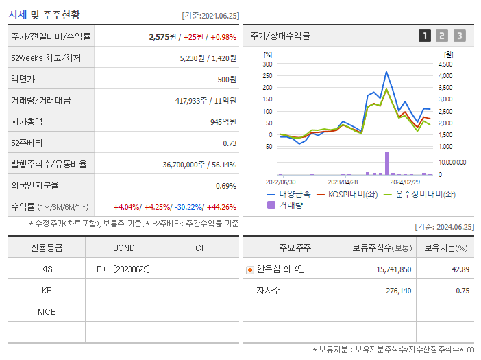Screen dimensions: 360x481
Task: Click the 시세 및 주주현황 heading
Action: (x=45, y=14)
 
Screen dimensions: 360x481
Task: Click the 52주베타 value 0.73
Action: (x=230, y=143)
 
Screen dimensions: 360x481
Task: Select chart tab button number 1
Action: (x=425, y=36)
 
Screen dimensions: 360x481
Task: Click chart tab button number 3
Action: (x=459, y=36)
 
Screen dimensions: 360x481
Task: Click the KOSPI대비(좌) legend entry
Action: (x=350, y=194)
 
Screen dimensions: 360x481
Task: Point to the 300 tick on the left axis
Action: (x=267, y=64)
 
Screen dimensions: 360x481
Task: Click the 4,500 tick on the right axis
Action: (x=445, y=64)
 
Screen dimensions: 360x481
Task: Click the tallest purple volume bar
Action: (x=386, y=163)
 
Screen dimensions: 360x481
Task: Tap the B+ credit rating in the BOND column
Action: (x=102, y=269)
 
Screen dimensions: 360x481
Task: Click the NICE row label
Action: (x=47, y=311)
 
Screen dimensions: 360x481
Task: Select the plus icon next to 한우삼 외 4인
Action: (x=249, y=269)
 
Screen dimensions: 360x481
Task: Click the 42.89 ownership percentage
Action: (x=460, y=269)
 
